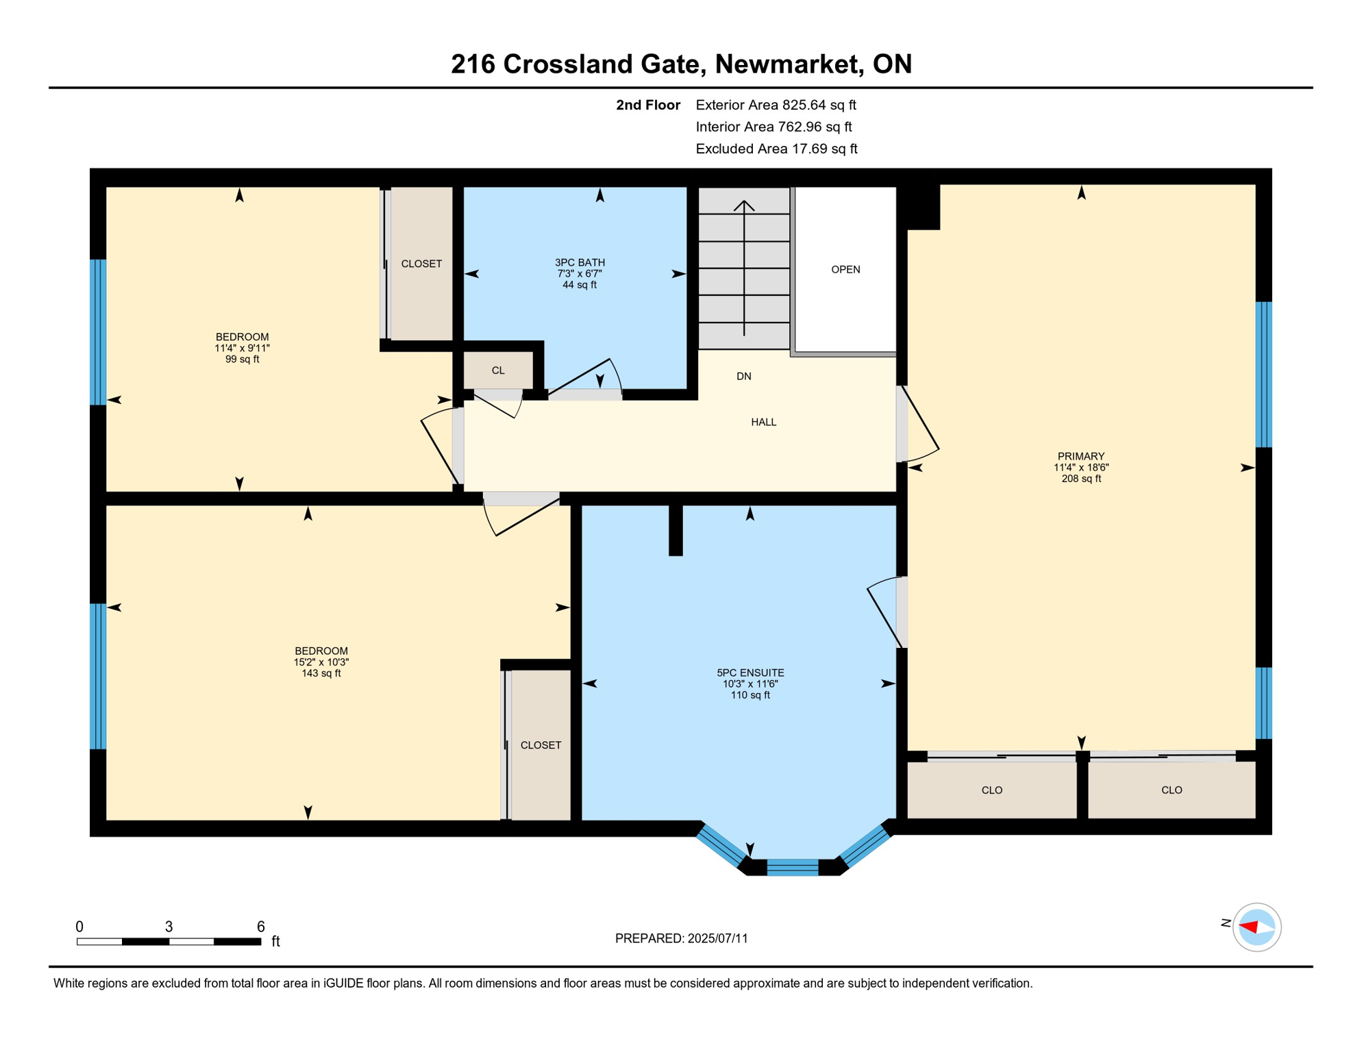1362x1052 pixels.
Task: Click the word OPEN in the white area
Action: [845, 270]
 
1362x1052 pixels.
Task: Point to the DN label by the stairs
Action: [744, 377]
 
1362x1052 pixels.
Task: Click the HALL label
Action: [763, 423]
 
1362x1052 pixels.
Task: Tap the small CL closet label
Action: [498, 371]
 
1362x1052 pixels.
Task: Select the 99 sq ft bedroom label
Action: [242, 348]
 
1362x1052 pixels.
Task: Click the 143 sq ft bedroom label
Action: [321, 662]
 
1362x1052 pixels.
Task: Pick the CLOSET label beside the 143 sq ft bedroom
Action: [541, 745]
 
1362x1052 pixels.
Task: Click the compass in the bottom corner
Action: [1256, 927]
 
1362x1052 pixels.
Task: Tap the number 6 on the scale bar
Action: [261, 927]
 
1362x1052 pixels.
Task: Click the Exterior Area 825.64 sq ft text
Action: [776, 105]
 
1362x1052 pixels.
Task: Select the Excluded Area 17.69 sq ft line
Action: [776, 149]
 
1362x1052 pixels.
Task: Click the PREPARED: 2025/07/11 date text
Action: [681, 938]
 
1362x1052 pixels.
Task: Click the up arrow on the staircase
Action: [744, 205]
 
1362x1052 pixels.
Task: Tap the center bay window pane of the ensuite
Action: [793, 868]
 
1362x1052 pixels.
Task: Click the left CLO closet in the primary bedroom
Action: [991, 790]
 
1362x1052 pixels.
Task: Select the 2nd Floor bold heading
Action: [647, 105]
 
